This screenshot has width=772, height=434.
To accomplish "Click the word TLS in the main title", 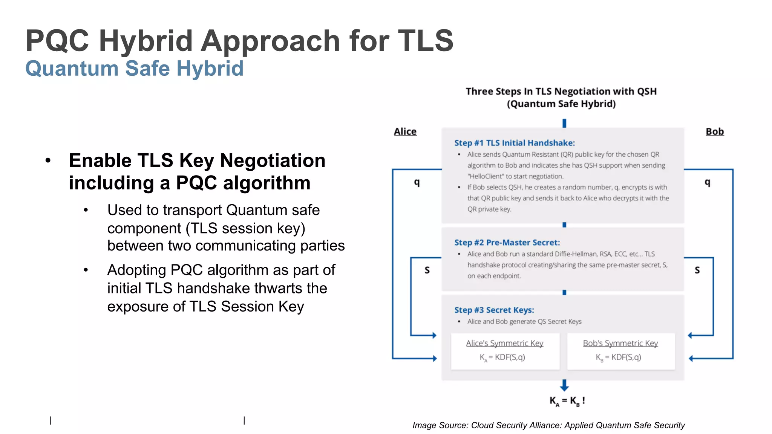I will click(x=426, y=41).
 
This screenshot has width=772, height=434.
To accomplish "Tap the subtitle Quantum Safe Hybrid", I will click(x=134, y=69).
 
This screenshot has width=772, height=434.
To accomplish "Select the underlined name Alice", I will click(x=405, y=131).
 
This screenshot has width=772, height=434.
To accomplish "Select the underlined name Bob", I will click(x=714, y=131).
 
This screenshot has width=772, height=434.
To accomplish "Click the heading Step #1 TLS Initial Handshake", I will click(x=514, y=143).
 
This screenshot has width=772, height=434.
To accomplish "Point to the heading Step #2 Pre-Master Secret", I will click(x=507, y=243).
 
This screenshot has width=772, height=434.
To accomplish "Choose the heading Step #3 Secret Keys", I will click(x=494, y=310).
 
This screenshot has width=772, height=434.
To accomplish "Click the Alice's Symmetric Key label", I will click(x=504, y=343).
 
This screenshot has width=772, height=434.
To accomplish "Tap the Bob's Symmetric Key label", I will click(x=620, y=343).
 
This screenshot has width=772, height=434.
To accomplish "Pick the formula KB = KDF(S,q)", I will click(x=618, y=357).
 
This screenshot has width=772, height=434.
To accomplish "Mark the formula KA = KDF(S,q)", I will click(x=502, y=357).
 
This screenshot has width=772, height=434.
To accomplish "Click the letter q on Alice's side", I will click(x=417, y=182).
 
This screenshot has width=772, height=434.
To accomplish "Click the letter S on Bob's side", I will click(x=697, y=270).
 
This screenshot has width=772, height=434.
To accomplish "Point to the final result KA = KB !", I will click(x=567, y=401).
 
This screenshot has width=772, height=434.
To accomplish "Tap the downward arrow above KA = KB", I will click(x=564, y=385).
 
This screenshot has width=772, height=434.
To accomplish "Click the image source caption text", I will click(x=548, y=425).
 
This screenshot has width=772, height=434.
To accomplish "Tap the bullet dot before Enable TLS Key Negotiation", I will click(x=48, y=161).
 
